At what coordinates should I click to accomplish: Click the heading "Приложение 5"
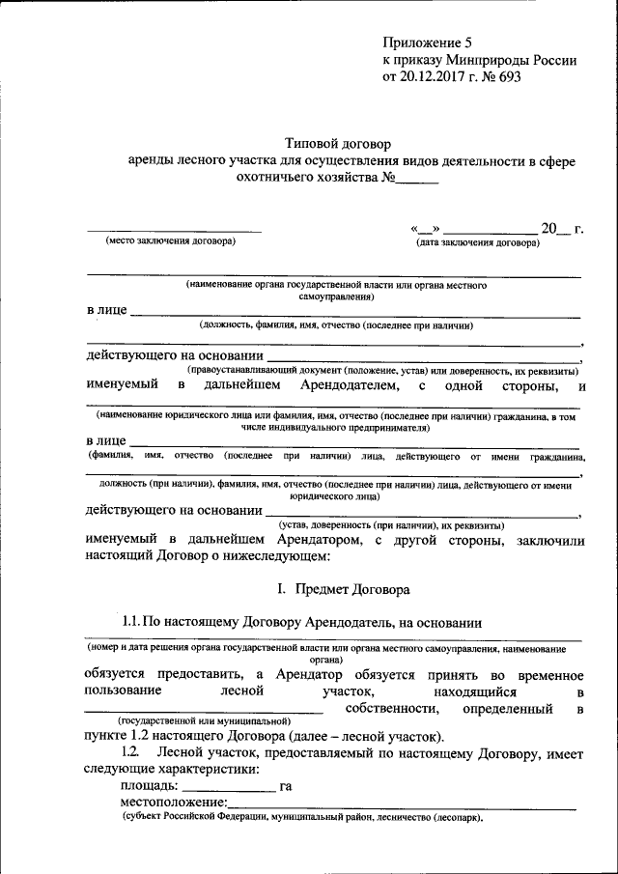(430, 42)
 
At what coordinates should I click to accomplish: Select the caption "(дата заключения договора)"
(477, 242)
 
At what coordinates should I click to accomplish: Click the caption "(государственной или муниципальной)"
(203, 720)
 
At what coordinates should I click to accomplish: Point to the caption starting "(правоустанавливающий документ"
(382, 371)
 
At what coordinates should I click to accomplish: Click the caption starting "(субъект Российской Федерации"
(301, 817)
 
